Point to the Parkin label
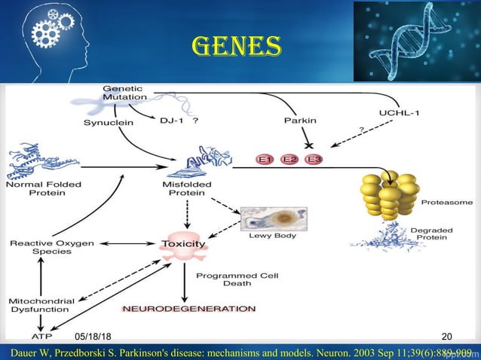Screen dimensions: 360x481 (299, 120)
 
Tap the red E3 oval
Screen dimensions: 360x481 (315, 159)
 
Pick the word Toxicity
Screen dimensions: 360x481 (182, 244)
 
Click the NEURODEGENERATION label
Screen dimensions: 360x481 (188, 309)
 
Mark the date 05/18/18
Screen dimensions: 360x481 (93, 334)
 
